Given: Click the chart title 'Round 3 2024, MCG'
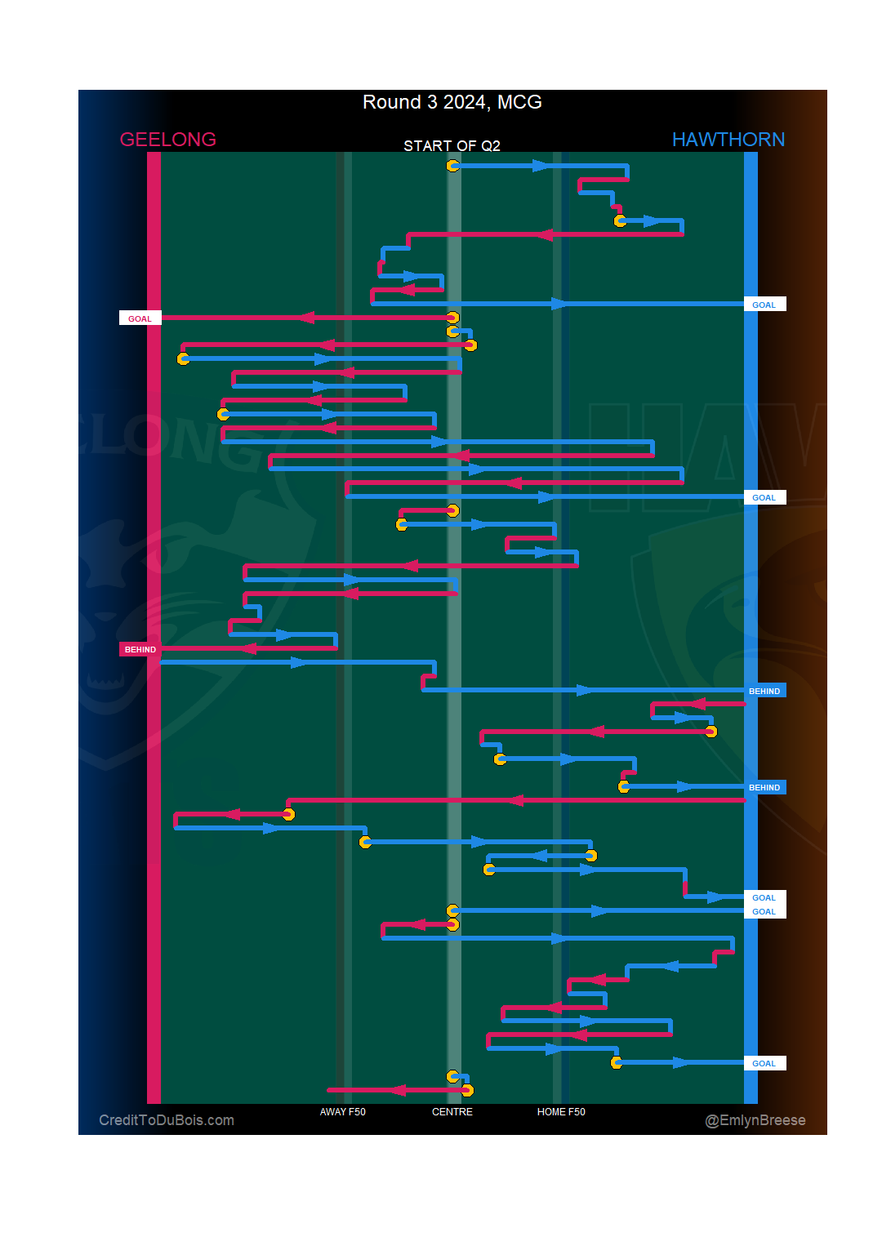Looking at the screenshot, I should [452, 102].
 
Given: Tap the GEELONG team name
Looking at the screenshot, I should [167, 140].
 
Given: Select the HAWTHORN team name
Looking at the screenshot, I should [728, 140].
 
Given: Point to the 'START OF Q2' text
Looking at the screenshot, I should [452, 146].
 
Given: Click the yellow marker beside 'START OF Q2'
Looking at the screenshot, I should [452, 166].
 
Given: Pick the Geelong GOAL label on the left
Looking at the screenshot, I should [140, 318].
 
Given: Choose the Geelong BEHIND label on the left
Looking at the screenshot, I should [140, 649].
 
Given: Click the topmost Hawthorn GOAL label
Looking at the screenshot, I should [764, 305].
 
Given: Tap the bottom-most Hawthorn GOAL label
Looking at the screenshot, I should [764, 1063].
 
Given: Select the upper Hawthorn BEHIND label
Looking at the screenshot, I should [764, 691].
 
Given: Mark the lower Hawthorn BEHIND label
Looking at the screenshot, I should [764, 787].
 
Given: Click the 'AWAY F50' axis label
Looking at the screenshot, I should [343, 1112].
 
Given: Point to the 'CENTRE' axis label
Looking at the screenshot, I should [452, 1112].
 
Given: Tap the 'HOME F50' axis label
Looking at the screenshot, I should [561, 1112].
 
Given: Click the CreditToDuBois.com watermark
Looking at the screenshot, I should [167, 1120].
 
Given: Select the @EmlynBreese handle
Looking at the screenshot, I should [755, 1120].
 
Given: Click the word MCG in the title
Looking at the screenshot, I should [519, 102].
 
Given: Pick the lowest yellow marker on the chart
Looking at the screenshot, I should [467, 1090].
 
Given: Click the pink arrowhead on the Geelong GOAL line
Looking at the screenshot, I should [306, 318].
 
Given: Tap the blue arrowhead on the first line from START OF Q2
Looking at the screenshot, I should [541, 166].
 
